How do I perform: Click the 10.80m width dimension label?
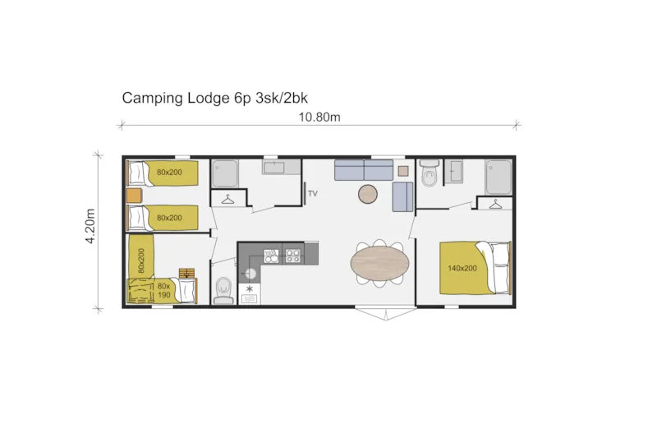319,117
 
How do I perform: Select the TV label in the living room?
312,195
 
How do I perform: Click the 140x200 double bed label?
462,268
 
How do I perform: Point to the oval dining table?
379,264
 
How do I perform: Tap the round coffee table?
368,194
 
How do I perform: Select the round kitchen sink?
251,274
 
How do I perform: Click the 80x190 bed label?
164,290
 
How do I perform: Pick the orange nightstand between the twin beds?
135,196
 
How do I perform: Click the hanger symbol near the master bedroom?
495,205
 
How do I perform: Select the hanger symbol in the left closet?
227,198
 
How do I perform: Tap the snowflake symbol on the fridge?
250,290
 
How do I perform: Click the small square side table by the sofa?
402,171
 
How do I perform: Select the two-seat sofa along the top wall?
363,170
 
